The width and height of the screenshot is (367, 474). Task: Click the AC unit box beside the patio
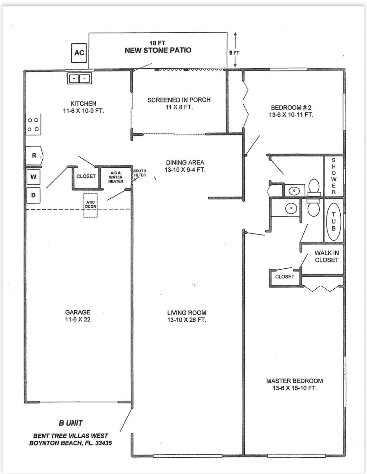(x=79, y=53)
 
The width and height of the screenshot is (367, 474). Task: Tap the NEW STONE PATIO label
(x=158, y=50)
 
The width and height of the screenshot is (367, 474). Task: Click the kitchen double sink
(x=79, y=78)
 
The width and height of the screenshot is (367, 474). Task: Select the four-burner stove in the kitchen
(x=33, y=124)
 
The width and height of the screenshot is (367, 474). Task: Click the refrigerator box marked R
(x=34, y=155)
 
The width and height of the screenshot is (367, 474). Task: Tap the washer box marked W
(x=33, y=177)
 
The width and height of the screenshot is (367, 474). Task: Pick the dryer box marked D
(x=33, y=195)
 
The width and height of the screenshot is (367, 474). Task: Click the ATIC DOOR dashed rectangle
(x=91, y=205)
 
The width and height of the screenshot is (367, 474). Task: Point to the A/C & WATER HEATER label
(x=116, y=177)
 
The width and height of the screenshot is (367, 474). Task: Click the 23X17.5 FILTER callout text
(x=140, y=173)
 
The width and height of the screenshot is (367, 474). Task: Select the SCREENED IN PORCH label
(x=179, y=100)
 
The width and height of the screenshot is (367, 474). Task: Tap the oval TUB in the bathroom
(x=333, y=221)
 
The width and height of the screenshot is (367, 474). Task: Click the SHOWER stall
(x=333, y=176)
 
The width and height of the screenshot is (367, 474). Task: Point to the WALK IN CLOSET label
(x=327, y=256)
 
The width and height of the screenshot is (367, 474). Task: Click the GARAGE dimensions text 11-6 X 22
(x=78, y=320)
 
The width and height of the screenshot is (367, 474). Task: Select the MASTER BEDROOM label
(x=294, y=381)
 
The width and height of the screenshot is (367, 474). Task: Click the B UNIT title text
(x=71, y=423)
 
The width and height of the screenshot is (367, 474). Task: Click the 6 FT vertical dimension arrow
(x=236, y=50)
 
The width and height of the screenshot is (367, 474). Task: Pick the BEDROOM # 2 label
(x=291, y=108)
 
